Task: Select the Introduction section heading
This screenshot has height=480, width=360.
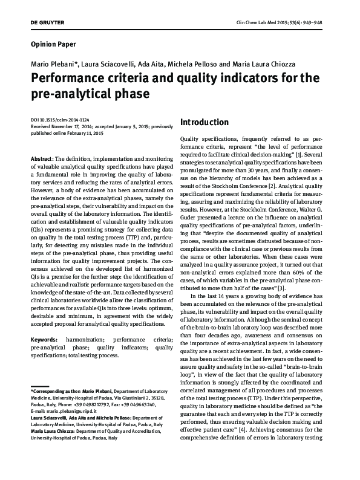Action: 205,122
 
